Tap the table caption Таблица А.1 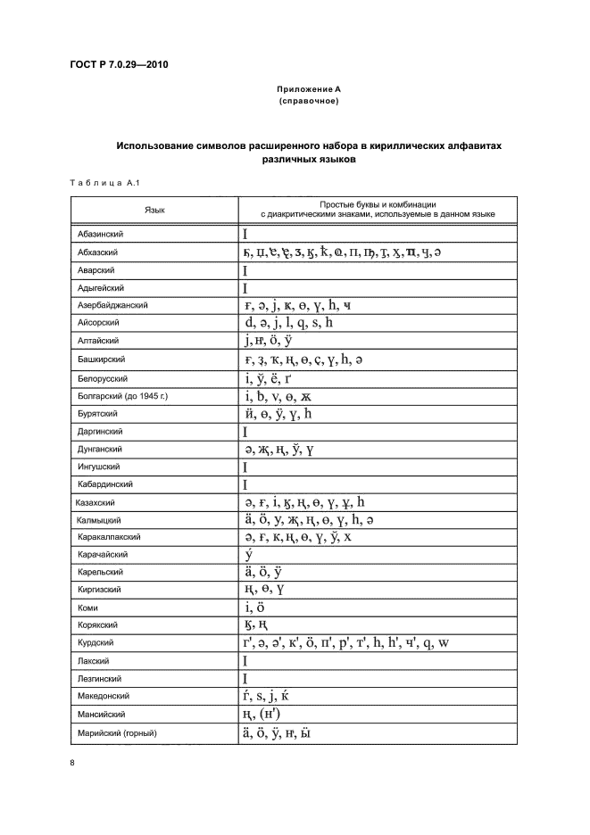[x=102, y=183]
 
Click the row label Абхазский [x=98, y=252]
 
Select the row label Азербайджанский [x=112, y=306]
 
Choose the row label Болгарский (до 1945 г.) [x=122, y=395]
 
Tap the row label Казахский [x=98, y=502]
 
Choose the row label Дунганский [x=100, y=449]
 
